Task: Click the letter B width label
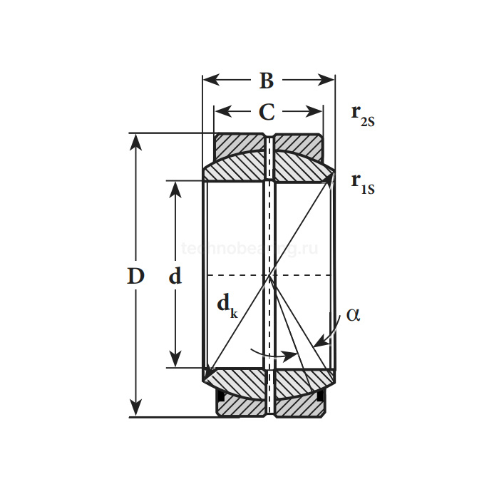(266, 81)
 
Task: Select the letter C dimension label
(266, 112)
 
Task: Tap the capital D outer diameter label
(135, 276)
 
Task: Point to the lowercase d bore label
(175, 276)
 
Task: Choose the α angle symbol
(353, 314)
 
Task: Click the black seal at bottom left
(220, 396)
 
